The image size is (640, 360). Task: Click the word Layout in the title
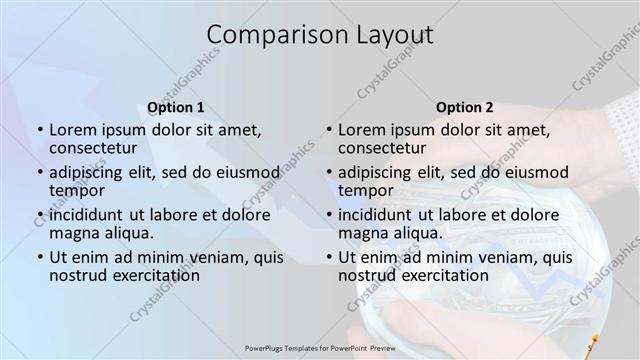pyautogui.click(x=389, y=35)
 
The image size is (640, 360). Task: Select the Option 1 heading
pyautogui.click(x=176, y=106)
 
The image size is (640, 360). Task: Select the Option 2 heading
pyautogui.click(x=464, y=106)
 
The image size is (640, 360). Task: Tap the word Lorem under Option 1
pyautogui.click(x=72, y=129)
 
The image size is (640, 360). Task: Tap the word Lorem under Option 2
pyautogui.click(x=361, y=129)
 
